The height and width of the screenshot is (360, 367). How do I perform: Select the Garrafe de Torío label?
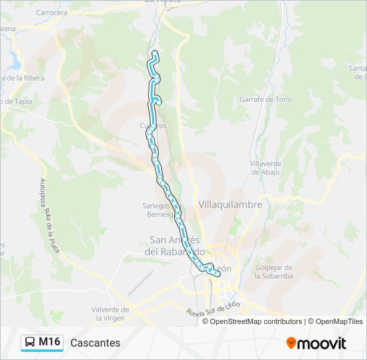click(x=266, y=100)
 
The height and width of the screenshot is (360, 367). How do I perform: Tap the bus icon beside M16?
click(x=30, y=343)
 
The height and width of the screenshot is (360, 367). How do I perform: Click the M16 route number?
click(x=49, y=343)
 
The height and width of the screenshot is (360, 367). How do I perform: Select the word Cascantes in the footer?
click(x=95, y=343)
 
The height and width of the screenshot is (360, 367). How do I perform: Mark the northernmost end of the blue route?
click(x=155, y=52)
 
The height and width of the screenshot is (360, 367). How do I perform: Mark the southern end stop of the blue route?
click(x=217, y=274)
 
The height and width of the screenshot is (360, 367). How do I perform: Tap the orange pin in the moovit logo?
click(x=292, y=343)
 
